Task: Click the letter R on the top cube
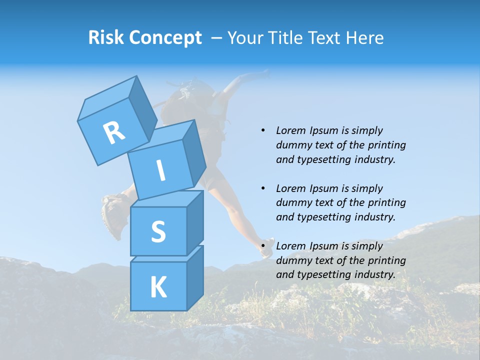click(x=114, y=132)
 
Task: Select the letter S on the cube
click(x=158, y=231)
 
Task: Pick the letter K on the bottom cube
click(x=158, y=287)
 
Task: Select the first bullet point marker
click(x=263, y=130)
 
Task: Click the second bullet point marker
click(x=263, y=188)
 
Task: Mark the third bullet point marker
click(x=263, y=246)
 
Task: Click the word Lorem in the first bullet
click(x=290, y=130)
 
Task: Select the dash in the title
click(x=217, y=37)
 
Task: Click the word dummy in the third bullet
click(x=293, y=260)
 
